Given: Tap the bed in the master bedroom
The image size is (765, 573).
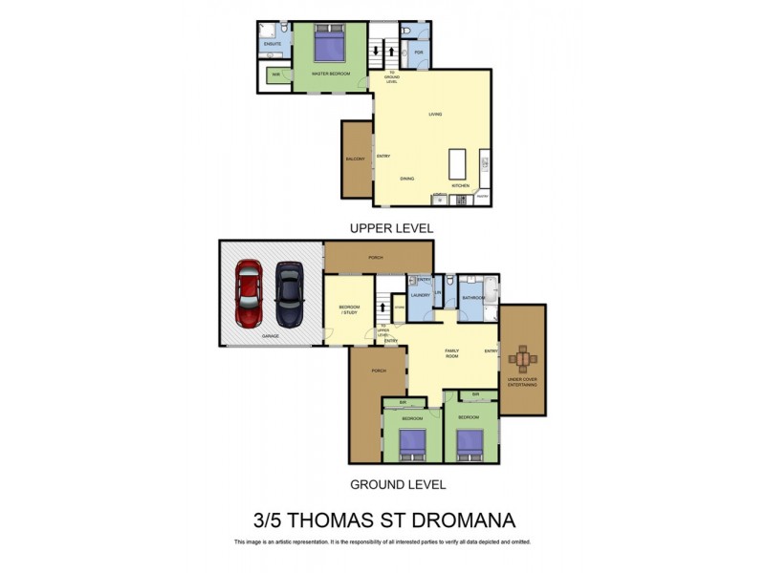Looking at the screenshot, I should (x=330, y=46).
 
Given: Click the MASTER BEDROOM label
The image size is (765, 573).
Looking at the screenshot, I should (x=331, y=74).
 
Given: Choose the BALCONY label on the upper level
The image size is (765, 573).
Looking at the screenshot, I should (x=356, y=159).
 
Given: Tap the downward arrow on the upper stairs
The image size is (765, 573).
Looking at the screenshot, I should (x=376, y=51).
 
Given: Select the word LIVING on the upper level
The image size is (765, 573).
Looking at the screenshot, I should (x=434, y=116).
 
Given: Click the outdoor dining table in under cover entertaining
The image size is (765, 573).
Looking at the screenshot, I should (x=523, y=360).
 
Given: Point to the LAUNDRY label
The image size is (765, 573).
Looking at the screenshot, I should (x=420, y=295).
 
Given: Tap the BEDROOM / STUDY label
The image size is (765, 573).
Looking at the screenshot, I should (x=348, y=309).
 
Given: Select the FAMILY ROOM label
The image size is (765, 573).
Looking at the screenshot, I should (x=452, y=353).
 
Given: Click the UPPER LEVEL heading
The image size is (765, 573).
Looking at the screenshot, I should (x=391, y=228).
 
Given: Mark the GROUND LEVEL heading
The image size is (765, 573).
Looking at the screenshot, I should (x=397, y=484).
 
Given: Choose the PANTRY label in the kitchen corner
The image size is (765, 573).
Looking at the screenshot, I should (x=483, y=197).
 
